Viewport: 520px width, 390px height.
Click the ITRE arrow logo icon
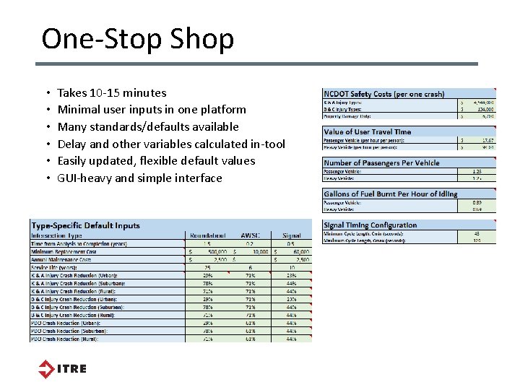coord(46,369)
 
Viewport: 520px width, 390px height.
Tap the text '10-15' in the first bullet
coord(105,92)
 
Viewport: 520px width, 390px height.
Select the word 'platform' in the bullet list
coord(224,110)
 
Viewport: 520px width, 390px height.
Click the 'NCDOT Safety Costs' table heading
coord(383,95)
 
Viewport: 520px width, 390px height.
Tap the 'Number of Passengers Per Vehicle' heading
coord(382,162)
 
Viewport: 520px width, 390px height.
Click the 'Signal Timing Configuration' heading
coord(370,225)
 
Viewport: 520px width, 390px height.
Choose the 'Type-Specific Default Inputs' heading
coord(86,225)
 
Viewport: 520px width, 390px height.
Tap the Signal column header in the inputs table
coord(292,235)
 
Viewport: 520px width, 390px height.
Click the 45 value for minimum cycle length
coord(477,233)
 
